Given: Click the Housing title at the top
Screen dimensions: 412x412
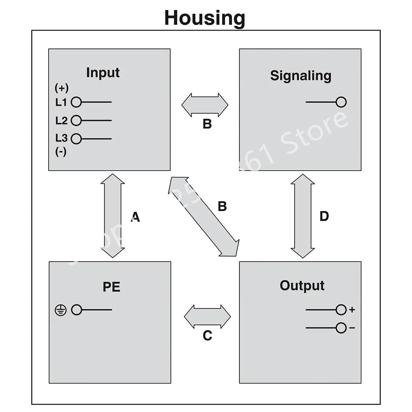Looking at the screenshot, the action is pyautogui.click(x=205, y=18).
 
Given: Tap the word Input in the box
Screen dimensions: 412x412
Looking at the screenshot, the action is pyautogui.click(x=103, y=73).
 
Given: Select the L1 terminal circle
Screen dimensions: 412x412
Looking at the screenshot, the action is pyautogui.click(x=76, y=102).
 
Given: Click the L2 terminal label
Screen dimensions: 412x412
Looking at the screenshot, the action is pyautogui.click(x=61, y=121).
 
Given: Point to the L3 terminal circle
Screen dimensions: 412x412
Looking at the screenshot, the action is pyautogui.click(x=76, y=139).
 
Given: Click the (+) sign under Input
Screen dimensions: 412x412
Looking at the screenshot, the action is pyautogui.click(x=61, y=88).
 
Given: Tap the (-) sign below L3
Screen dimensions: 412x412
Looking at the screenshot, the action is pyautogui.click(x=61, y=152).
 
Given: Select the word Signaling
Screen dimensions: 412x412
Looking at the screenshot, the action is pyautogui.click(x=300, y=76).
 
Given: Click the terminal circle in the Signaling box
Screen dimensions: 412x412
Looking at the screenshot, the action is pyautogui.click(x=341, y=102).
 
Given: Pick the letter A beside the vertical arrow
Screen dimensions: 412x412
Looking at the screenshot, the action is pyautogui.click(x=135, y=217).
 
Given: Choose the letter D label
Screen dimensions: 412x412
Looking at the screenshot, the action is pyautogui.click(x=324, y=216).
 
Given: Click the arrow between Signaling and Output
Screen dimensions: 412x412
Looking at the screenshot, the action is pyautogui.click(x=303, y=216).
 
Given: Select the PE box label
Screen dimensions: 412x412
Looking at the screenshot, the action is pyautogui.click(x=111, y=287).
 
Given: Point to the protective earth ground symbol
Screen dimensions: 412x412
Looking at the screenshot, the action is pyautogui.click(x=61, y=310).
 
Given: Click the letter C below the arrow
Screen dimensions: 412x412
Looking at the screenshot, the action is pyautogui.click(x=207, y=336).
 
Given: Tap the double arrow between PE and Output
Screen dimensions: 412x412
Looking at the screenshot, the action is pyautogui.click(x=207, y=317).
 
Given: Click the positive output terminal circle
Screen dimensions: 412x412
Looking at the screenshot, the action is pyautogui.click(x=341, y=310).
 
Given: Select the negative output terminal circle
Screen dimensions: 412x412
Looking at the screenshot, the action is pyautogui.click(x=341, y=328).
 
